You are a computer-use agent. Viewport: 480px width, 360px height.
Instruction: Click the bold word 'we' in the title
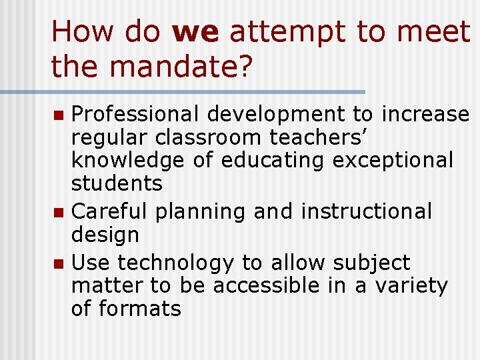coord(195,33)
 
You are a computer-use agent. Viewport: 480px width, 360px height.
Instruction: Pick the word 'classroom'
coord(210,138)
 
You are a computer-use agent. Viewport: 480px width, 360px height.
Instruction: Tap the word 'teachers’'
coord(317,138)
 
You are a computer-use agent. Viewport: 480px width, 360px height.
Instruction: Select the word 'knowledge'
coord(127,161)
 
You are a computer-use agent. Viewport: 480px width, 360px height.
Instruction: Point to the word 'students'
coord(117,183)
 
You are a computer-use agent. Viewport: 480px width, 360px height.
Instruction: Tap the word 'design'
coord(105,235)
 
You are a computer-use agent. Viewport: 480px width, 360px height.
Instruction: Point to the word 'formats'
coord(140,309)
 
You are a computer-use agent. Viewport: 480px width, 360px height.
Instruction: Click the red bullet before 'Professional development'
coord(59,115)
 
